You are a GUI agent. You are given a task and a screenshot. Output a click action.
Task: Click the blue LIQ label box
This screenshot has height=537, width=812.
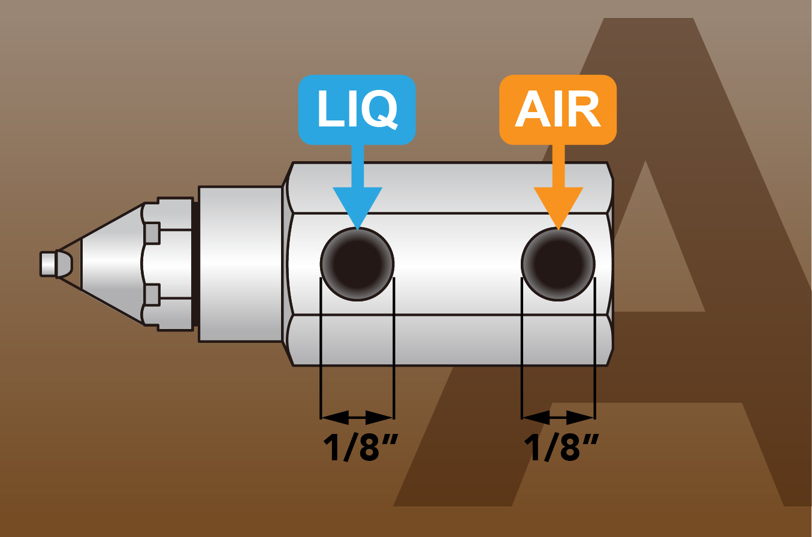click(357, 109)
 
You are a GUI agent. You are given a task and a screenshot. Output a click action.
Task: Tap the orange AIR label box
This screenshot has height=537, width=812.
click(558, 109)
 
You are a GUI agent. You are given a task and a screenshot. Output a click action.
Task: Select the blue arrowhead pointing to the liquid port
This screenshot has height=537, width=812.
click(358, 207)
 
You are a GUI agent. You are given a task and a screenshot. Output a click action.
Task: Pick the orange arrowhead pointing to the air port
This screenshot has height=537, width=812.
click(559, 207)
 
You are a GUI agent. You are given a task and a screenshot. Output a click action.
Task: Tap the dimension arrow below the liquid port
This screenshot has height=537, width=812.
click(357, 417)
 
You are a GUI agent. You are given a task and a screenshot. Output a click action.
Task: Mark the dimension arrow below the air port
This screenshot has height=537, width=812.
click(558, 417)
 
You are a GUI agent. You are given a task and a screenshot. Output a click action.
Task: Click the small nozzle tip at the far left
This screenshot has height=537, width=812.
click(48, 263)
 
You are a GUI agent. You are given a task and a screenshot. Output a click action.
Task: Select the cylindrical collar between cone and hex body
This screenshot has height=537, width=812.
click(240, 264)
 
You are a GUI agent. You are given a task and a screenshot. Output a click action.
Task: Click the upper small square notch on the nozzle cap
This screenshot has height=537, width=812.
click(152, 233)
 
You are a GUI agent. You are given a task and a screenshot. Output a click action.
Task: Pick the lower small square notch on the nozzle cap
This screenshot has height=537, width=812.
click(152, 295)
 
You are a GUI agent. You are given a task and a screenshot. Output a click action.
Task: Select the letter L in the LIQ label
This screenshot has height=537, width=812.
click(330, 109)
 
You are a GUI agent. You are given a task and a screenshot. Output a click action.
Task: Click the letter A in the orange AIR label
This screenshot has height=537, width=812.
click(530, 110)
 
